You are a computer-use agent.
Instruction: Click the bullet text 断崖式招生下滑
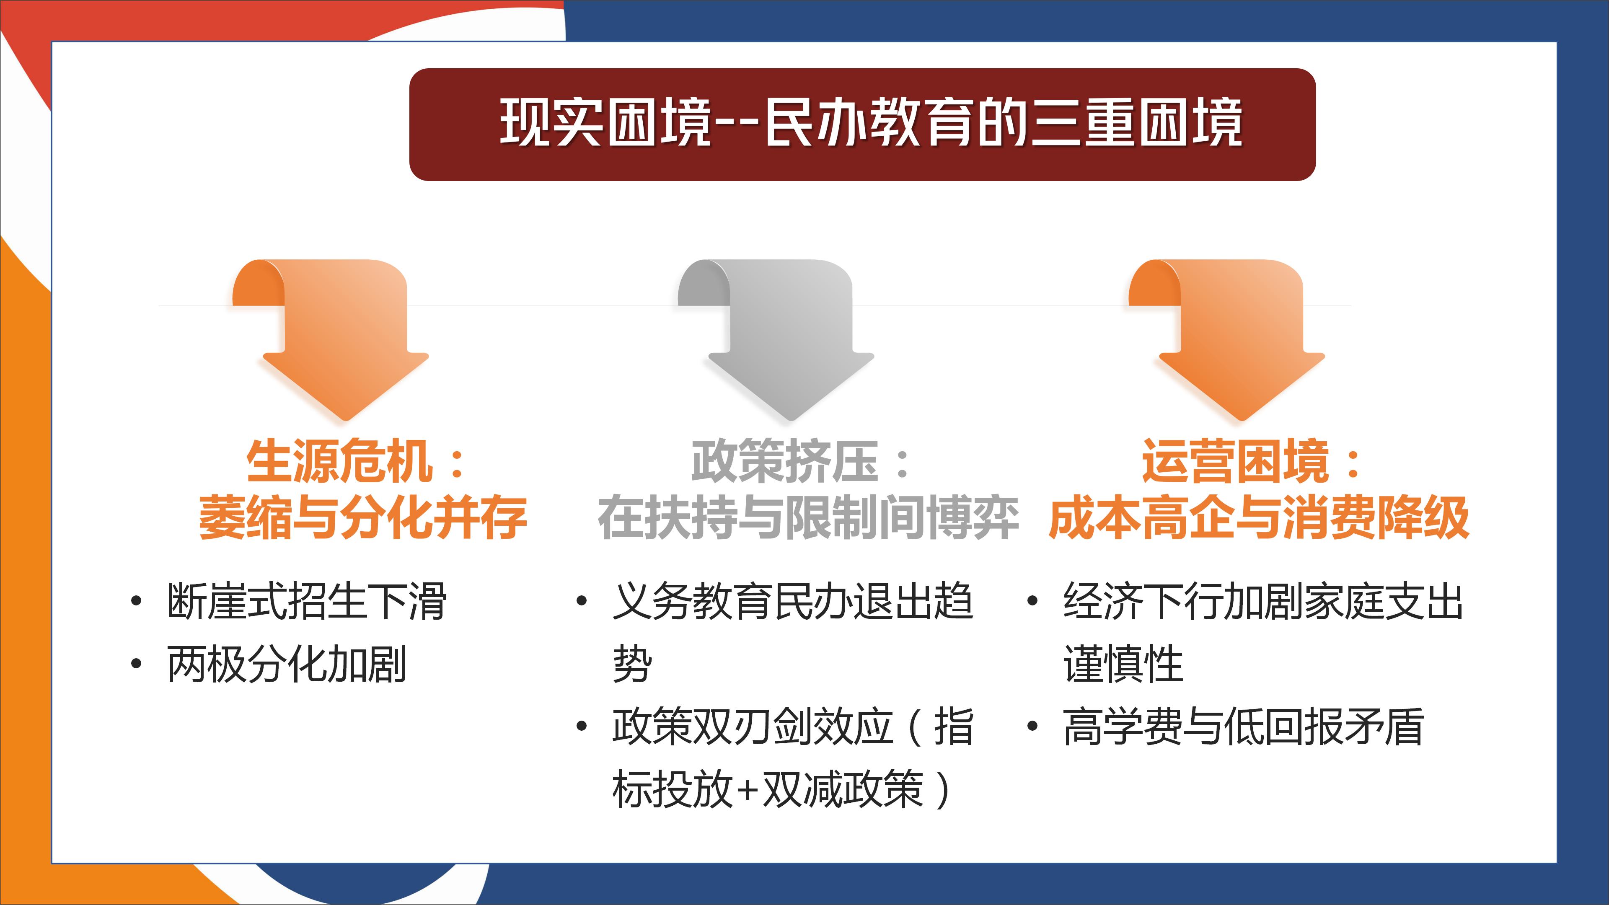coord(307,602)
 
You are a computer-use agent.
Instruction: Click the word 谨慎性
coord(1123,664)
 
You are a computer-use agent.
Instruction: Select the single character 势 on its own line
coord(632,664)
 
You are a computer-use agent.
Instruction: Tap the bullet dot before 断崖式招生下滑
coord(136,602)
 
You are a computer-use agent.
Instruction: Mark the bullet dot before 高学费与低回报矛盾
coord(1032,727)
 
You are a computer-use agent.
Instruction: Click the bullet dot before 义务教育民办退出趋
coord(582,602)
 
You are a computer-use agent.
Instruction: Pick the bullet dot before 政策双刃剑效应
coord(582,727)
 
